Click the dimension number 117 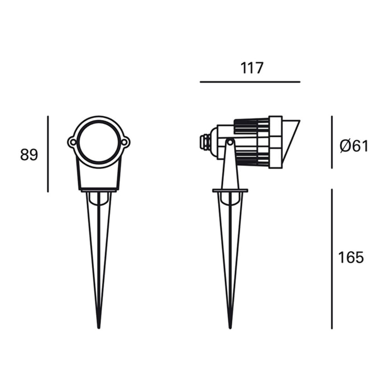tap(251, 68)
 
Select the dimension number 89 tap(29, 155)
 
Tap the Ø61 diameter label tap(354, 146)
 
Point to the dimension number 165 tap(351, 258)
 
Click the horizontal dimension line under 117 tap(250, 82)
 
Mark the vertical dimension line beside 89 tap(48, 154)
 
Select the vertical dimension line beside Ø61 tap(332, 142)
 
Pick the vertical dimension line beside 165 tap(332, 259)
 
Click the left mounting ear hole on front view tap(73, 142)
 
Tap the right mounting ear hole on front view tap(125, 142)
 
